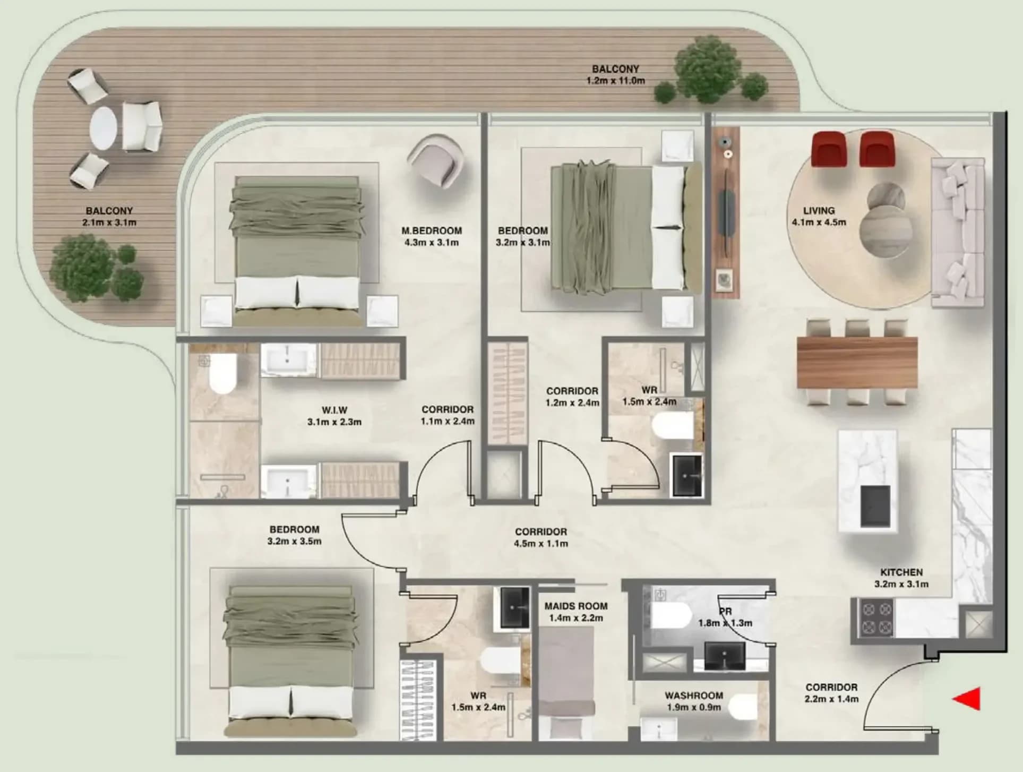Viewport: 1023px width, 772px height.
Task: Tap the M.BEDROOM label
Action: (x=432, y=231)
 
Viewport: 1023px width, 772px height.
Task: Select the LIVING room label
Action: (x=819, y=211)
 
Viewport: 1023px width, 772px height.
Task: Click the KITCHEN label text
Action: (x=901, y=572)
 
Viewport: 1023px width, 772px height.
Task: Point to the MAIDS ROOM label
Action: (x=576, y=606)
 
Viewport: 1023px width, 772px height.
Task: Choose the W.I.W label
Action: (x=334, y=410)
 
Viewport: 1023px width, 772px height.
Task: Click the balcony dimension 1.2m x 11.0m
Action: (x=616, y=81)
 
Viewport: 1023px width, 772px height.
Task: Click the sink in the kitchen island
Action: (x=875, y=506)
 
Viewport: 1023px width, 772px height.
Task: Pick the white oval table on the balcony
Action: (x=104, y=128)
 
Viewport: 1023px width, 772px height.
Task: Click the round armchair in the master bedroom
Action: (x=436, y=161)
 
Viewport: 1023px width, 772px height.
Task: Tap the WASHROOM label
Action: (x=694, y=696)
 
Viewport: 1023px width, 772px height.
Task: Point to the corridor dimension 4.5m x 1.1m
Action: (x=541, y=544)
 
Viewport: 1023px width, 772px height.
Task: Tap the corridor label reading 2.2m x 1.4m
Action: (x=831, y=699)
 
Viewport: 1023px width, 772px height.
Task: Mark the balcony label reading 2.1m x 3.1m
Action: (x=109, y=222)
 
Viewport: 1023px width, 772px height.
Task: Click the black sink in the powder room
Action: (x=725, y=656)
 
